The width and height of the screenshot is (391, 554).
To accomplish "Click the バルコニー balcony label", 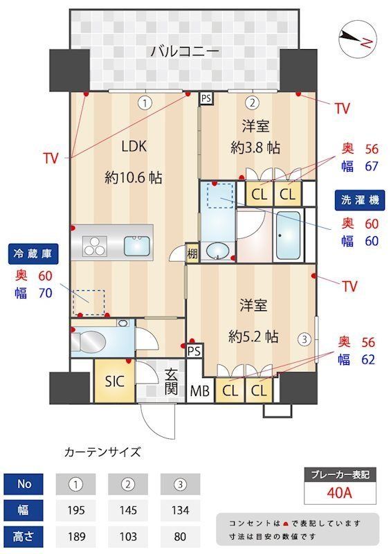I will coord(185,51).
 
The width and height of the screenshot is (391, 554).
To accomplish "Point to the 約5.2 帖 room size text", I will coord(254,337).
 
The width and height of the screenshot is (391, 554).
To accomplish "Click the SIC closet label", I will coord(115,381).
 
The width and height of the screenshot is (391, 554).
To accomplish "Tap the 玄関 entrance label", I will coord(172,382).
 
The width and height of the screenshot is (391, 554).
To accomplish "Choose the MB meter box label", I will coord(201,391).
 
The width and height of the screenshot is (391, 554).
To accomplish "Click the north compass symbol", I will coord(357,39).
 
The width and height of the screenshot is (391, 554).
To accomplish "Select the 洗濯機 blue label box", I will coord(360,200).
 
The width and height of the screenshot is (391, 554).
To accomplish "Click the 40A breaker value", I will coord(340,494).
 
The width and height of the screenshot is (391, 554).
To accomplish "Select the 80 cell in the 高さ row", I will coord(180,537).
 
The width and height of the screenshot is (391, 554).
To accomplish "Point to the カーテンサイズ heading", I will coord(102,452).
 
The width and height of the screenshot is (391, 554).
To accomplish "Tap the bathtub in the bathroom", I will coord(287,235).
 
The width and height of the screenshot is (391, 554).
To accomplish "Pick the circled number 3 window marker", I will coord(303,339).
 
